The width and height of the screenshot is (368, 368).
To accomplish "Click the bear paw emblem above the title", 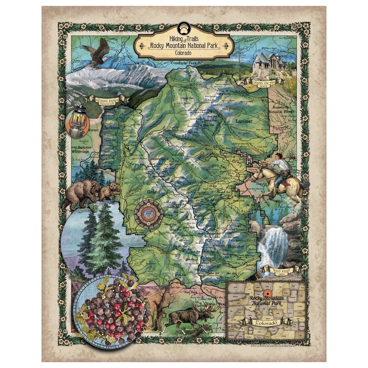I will click(x=184, y=29).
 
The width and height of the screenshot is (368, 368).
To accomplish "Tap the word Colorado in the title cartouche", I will click(x=184, y=53).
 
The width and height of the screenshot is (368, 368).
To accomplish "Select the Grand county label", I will click(x=153, y=192).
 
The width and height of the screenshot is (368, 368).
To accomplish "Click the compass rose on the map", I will click(x=148, y=214).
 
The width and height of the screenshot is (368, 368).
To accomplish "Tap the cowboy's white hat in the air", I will click(x=292, y=156).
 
